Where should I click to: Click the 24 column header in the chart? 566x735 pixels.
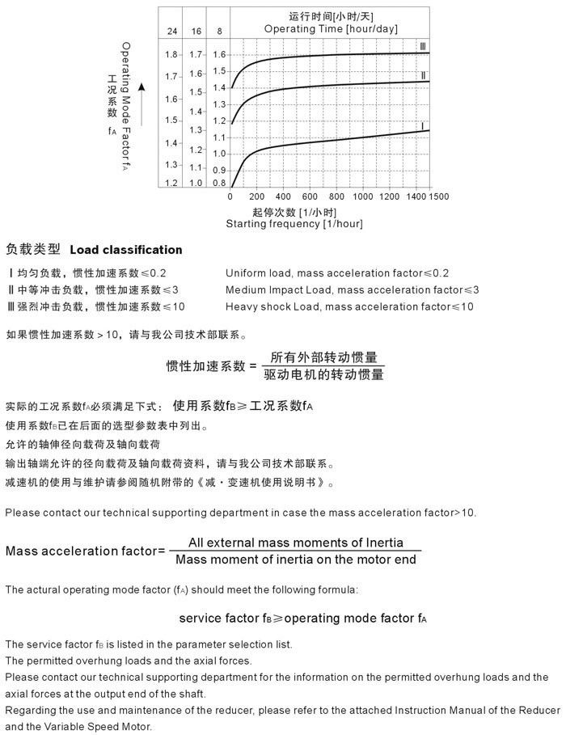coord(171,31)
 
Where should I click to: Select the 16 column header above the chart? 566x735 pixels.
coord(196,31)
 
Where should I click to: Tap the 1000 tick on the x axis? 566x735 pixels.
coord(363,196)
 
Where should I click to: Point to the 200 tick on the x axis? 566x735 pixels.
coord(257,196)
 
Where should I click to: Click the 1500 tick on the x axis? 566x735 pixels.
coord(438,196)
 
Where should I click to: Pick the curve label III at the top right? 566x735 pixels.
coord(422,45)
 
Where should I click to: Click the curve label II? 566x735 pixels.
coord(422,75)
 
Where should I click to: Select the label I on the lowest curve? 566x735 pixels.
coord(422,125)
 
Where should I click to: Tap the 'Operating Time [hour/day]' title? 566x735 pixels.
coord(331,28)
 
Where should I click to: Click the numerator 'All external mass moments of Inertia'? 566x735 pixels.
coord(296,543)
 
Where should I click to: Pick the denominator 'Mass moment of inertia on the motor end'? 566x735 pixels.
coord(296,559)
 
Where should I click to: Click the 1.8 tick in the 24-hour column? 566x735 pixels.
coord(171,54)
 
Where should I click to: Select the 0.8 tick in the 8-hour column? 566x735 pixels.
coord(219,183)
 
